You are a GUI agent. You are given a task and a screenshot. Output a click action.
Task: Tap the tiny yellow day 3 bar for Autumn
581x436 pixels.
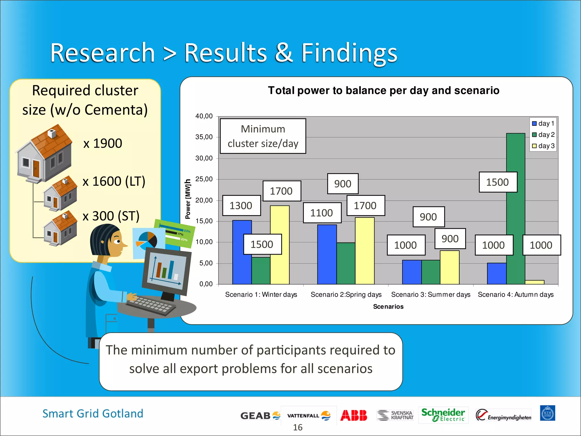coord(534,282)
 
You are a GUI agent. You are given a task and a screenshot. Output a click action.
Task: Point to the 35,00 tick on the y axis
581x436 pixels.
coord(204,137)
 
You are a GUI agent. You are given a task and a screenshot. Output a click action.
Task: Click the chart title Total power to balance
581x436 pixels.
coord(384,91)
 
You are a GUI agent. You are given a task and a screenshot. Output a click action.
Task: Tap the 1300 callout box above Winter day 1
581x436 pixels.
coord(241,206)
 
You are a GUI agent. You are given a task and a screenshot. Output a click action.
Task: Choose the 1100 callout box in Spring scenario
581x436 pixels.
coord(322,213)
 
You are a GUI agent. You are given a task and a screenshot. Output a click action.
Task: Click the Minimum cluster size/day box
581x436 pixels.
coord(263,136)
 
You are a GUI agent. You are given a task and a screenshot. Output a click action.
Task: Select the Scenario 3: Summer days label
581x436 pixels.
coord(430,295)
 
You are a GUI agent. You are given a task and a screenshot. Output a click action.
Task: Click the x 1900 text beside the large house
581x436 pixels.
coord(103,143)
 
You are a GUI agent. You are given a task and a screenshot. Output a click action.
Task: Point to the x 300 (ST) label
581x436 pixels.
coord(111,216)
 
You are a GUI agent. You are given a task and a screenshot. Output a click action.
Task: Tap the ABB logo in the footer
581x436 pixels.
coord(353,415)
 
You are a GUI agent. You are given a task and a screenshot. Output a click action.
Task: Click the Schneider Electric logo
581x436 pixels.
coord(443,415)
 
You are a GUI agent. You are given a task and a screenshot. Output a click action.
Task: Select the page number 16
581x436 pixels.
coord(298,427)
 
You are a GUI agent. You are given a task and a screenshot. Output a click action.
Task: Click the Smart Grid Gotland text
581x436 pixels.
coord(93,414)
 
